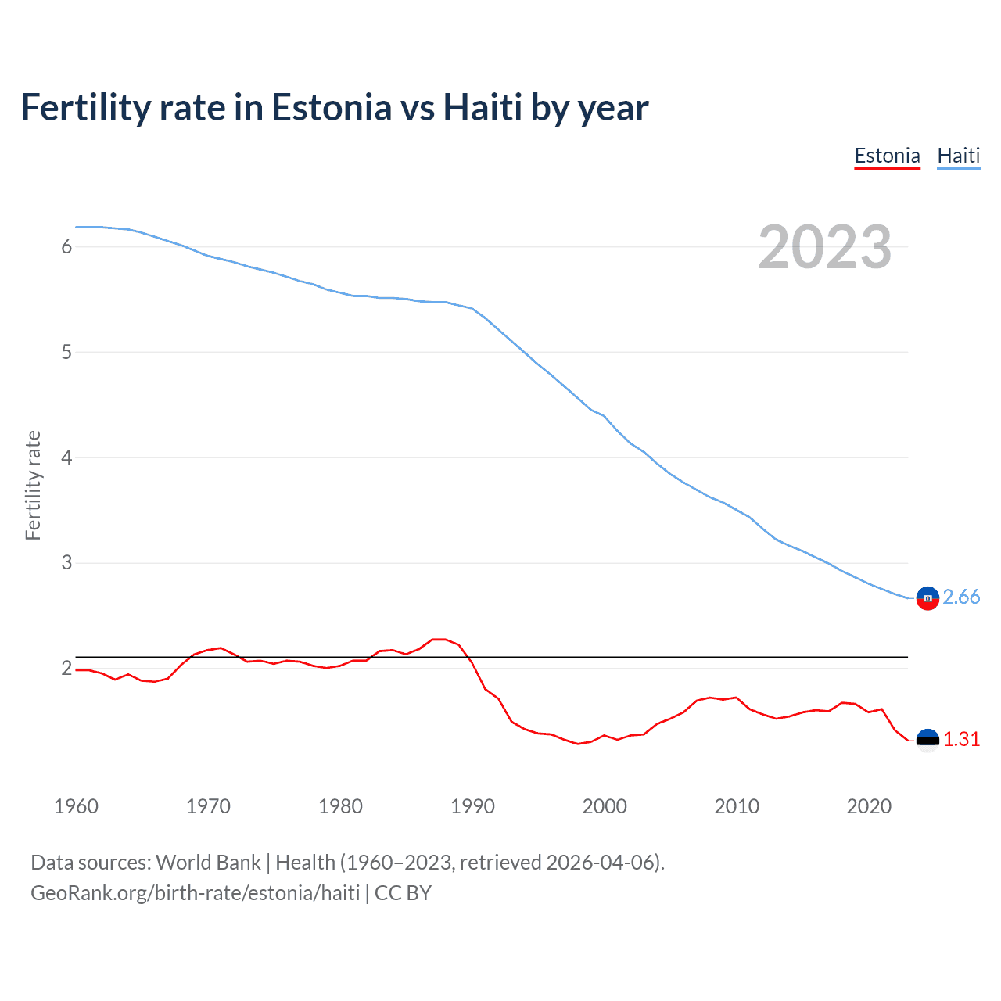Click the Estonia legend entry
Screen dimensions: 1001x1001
point(887,156)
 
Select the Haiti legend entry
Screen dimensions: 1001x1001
point(958,156)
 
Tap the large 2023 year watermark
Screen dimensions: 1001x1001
point(824,247)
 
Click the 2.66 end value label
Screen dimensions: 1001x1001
point(961,597)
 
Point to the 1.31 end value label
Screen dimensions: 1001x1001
point(961,739)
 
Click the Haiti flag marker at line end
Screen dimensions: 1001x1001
point(927,598)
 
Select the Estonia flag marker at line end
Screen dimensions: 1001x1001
point(927,740)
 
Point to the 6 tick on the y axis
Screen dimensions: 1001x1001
point(66,247)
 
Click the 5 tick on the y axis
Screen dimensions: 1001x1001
point(66,352)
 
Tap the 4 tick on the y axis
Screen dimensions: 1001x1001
point(66,457)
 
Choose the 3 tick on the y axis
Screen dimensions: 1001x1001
point(66,562)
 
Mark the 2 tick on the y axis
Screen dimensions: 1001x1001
point(66,668)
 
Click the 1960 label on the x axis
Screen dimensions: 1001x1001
point(76,806)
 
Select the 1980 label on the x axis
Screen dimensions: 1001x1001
point(340,806)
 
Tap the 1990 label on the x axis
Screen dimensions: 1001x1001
point(472,806)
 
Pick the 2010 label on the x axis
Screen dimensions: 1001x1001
point(737,806)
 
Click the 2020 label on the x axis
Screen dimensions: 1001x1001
point(869,806)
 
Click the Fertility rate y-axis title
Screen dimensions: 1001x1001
point(33,485)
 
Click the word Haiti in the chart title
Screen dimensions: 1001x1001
point(483,108)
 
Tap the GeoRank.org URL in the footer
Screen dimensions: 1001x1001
point(196,893)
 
